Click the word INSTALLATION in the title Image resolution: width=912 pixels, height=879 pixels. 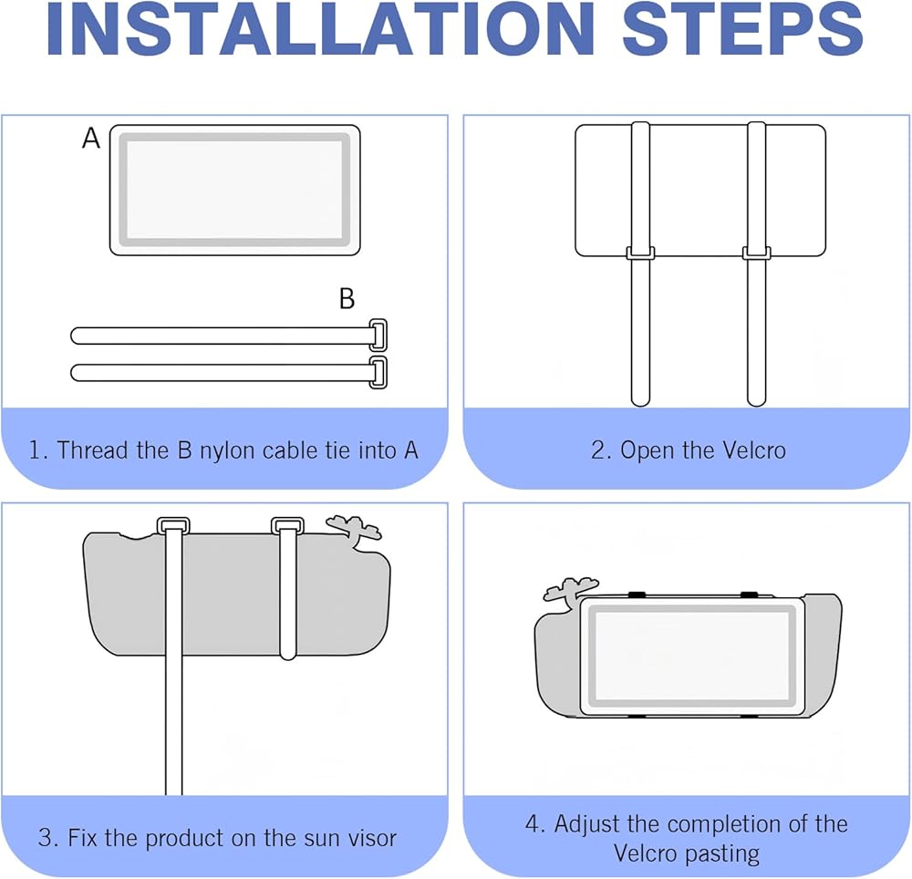tap(320, 29)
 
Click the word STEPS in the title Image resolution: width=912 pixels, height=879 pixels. tap(742, 29)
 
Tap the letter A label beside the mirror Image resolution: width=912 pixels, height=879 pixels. tap(91, 139)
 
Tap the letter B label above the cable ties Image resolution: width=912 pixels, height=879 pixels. tap(347, 298)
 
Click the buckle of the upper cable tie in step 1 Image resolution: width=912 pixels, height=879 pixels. tap(378, 335)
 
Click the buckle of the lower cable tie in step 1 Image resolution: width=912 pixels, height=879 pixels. tap(378, 372)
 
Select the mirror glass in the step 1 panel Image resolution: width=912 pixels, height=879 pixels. tap(234, 190)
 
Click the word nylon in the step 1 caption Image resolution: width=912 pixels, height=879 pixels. tap(227, 451)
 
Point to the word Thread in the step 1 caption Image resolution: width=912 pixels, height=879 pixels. tap(92, 450)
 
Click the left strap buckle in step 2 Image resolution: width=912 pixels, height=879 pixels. tap(640, 253)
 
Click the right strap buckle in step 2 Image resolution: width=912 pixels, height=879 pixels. tap(756, 253)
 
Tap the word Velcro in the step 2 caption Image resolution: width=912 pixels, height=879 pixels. tap(754, 450)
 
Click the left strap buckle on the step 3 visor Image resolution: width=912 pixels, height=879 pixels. tap(173, 525)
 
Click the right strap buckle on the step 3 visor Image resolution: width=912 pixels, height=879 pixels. tap(288, 525)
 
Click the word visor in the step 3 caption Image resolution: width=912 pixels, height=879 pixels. tap(372, 838)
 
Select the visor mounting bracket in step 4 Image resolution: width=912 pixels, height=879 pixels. tap(570, 588)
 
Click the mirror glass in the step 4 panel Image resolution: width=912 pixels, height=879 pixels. tap(692, 655)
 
